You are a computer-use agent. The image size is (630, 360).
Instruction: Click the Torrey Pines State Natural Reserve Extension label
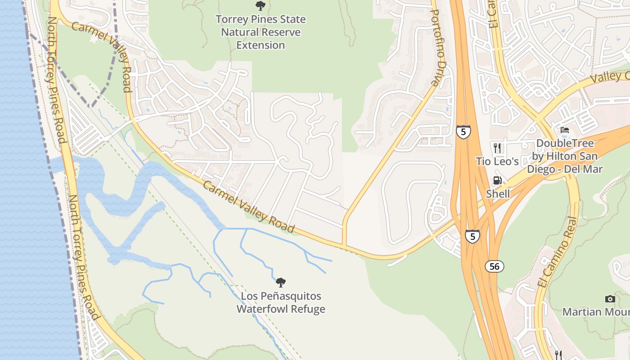[261, 32]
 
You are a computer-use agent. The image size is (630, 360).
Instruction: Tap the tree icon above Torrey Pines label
[260, 6]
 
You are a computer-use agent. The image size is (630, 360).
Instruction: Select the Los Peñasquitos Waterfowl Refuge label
[281, 302]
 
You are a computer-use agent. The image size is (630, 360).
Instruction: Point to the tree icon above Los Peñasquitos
[281, 283]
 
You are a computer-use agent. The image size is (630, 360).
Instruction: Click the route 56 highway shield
[495, 266]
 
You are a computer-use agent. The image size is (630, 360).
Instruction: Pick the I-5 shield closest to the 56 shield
[472, 236]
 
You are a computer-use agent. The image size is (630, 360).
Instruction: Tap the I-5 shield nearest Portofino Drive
[463, 131]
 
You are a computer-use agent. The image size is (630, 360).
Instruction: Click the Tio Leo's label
[497, 161]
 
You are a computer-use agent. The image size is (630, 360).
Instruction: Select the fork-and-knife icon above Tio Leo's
[497, 148]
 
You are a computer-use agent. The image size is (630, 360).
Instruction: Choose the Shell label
[498, 193]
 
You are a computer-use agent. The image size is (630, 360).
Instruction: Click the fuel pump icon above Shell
[497, 180]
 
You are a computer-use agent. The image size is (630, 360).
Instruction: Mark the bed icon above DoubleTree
[565, 130]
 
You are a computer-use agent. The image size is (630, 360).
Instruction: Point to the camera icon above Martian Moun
[610, 299]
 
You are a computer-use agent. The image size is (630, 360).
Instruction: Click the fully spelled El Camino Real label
[557, 252]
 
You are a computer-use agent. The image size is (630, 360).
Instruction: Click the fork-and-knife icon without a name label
[558, 355]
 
